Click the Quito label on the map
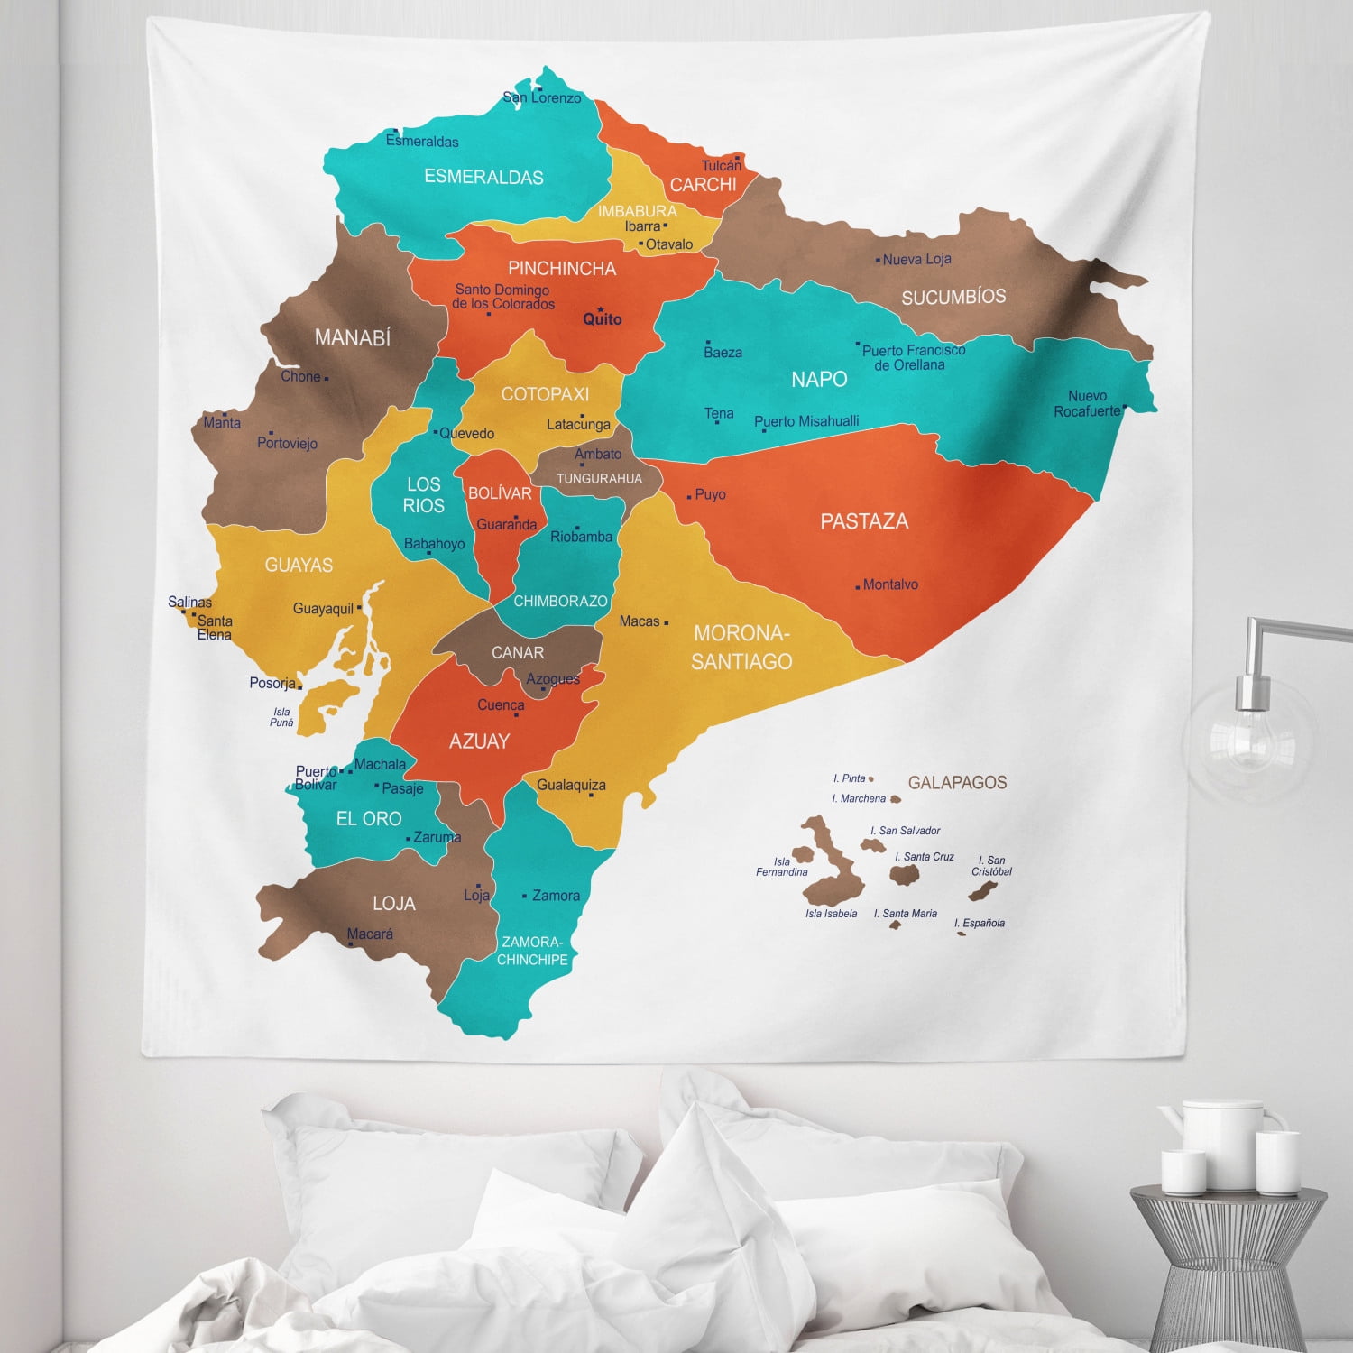pos(603,318)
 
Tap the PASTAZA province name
pos(864,521)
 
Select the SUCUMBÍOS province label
pos(953,297)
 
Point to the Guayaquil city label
pos(323,609)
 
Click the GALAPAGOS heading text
pos(957,783)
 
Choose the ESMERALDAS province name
pos(483,177)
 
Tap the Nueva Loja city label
pos(916,260)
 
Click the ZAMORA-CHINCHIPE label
pos(532,951)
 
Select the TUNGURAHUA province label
pos(599,479)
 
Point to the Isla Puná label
pos(281,717)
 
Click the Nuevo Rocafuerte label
pos(1087,403)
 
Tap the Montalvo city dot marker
pos(858,586)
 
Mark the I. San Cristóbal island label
pos(991,866)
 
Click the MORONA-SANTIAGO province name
pos(741,647)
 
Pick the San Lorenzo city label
pos(542,97)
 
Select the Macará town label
pos(370,934)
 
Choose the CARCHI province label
pos(703,185)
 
